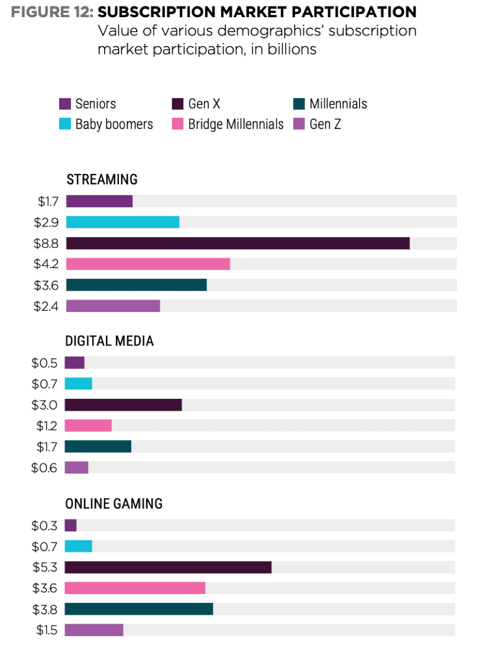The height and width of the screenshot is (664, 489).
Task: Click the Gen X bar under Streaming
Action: tap(238, 243)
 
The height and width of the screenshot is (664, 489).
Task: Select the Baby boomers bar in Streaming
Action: tap(122, 222)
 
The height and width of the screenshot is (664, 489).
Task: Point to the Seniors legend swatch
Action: tap(65, 104)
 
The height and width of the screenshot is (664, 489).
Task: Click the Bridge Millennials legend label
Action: tap(235, 124)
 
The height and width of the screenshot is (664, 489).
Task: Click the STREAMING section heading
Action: tap(102, 179)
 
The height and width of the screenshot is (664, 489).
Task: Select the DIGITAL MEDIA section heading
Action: tap(109, 341)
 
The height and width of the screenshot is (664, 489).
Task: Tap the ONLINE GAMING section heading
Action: tap(114, 504)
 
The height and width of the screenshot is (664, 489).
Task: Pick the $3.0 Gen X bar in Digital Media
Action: tap(123, 405)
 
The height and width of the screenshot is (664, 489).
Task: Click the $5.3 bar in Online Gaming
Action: tap(168, 567)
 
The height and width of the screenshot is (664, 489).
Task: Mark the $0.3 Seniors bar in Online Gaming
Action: tap(70, 525)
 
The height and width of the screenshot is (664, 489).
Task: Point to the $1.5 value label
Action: tap(47, 630)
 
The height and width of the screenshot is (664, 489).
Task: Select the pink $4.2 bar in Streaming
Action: tap(148, 264)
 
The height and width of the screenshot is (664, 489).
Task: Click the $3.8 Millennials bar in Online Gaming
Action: tap(138, 608)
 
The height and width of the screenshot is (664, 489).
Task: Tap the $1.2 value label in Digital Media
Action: tap(46, 426)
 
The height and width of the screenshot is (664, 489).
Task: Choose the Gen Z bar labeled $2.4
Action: tap(113, 306)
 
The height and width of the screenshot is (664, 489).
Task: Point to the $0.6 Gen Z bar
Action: tap(76, 468)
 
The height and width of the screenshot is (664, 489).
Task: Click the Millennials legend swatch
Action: tap(299, 104)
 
